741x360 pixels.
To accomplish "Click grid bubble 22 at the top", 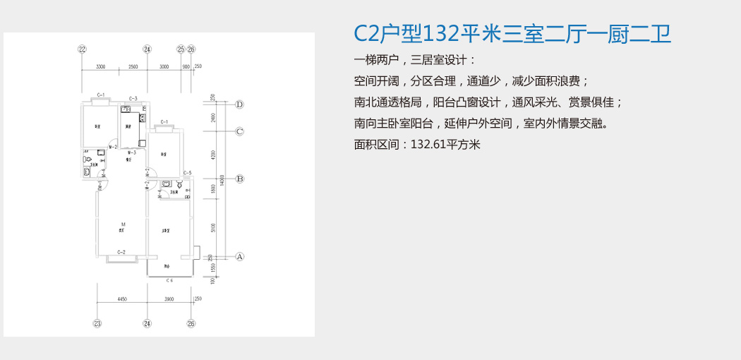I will tap(82, 49).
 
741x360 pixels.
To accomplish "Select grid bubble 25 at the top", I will tap(181, 49).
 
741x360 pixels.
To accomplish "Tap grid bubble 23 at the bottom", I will tap(97, 325).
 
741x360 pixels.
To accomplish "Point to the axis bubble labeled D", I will tap(239, 104).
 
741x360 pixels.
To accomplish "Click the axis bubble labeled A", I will tap(239, 256).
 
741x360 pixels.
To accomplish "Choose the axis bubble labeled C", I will tap(239, 131).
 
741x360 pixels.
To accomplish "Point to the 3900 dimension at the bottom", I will tap(169, 300).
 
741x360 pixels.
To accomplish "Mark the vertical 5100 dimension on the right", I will tap(212, 227).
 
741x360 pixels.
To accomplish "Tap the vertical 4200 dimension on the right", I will tap(212, 155).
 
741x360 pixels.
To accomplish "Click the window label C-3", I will tap(133, 99).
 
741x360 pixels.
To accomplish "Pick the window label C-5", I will tap(187, 173).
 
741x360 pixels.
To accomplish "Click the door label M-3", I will tap(131, 152).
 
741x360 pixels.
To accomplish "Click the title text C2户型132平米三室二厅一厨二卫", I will tap(512, 33).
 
